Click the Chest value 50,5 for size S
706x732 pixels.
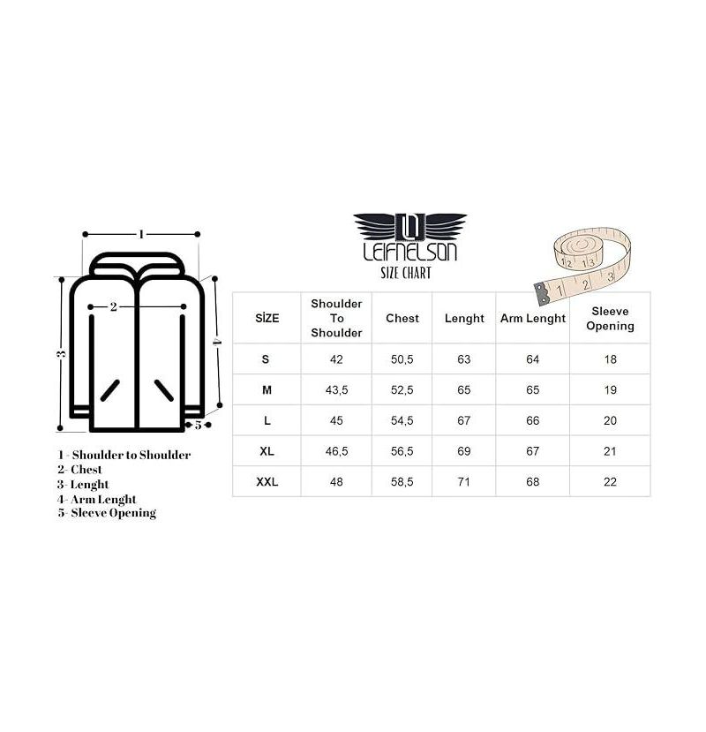(402, 359)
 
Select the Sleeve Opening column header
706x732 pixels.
(610, 319)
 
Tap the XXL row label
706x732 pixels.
(267, 481)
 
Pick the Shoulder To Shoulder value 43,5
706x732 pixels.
(336, 389)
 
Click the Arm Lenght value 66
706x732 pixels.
(532, 420)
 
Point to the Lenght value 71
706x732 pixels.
(464, 481)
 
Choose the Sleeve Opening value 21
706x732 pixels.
(610, 451)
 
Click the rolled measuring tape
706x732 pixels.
(582, 265)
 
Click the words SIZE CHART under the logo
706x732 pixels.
(406, 273)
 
